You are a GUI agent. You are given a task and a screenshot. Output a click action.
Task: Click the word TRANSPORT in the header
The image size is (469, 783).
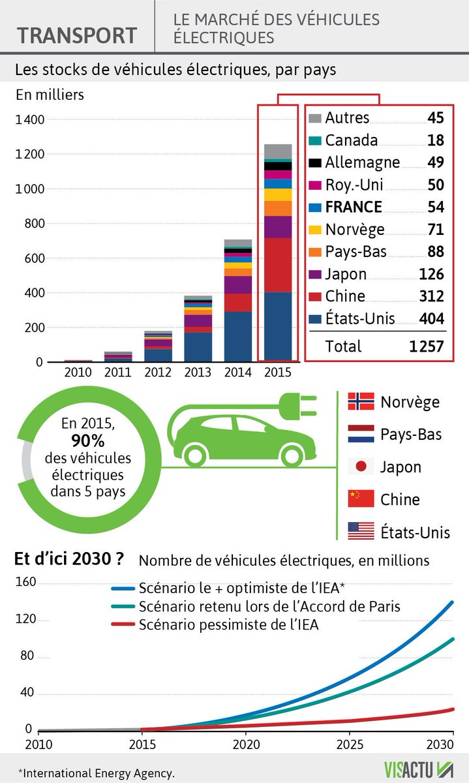[x=77, y=34]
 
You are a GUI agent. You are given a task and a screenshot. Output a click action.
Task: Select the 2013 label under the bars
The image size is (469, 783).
[x=197, y=373]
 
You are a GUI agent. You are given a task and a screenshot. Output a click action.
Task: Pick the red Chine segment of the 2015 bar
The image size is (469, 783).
[x=278, y=265]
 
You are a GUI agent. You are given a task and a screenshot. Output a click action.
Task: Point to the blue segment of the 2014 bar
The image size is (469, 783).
[x=237, y=335]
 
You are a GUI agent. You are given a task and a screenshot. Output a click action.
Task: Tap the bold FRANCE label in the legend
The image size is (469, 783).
[x=353, y=207]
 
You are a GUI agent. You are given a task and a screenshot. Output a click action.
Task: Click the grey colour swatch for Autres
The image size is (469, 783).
[x=314, y=118]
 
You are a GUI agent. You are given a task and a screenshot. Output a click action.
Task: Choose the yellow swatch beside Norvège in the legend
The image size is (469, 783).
[x=314, y=230]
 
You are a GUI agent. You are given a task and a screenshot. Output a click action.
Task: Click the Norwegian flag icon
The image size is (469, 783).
[x=361, y=402]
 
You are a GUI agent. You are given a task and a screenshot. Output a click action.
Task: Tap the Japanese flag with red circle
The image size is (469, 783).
[x=361, y=467]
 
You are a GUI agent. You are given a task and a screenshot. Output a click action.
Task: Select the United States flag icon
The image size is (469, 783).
[x=361, y=530]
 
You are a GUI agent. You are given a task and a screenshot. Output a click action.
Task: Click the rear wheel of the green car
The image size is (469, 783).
[x=196, y=454]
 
